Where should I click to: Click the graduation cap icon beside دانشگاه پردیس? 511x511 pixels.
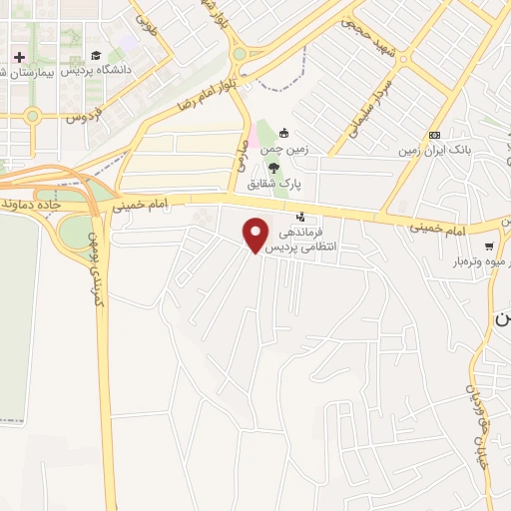tap(96, 56)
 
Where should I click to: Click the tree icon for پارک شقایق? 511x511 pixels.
tap(287, 168)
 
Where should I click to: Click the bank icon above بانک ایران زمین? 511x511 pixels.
tap(434, 135)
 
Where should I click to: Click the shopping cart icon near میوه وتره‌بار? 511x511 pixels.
tap(488, 247)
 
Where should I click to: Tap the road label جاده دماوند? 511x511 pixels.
tap(34, 204)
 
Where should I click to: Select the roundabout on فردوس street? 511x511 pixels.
tap(32, 116)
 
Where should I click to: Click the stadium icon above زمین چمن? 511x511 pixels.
tap(283, 133)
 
